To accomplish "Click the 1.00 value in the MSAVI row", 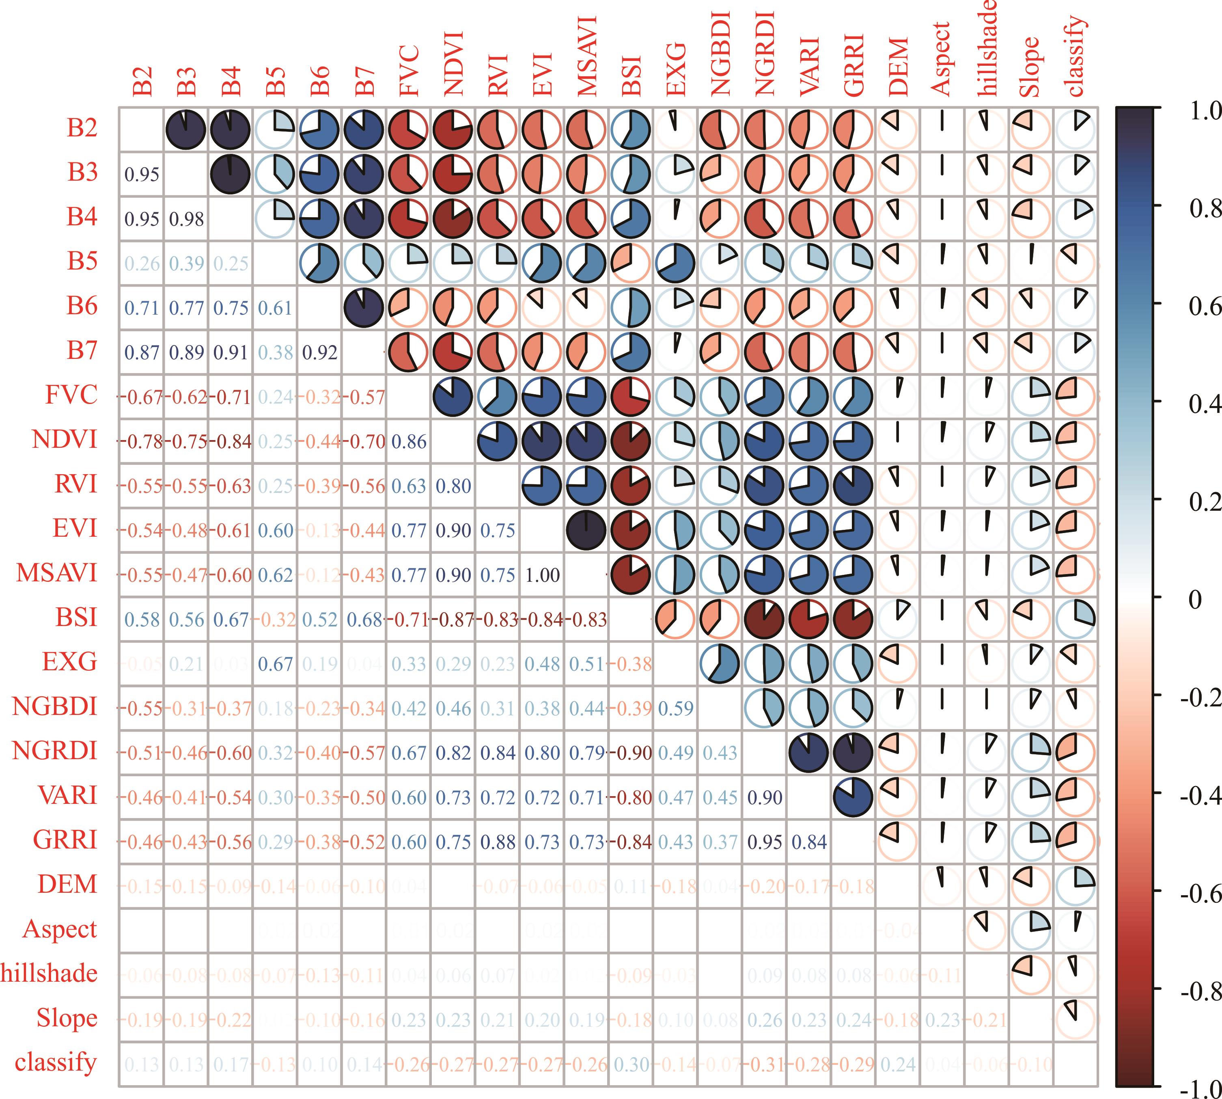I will click(542, 575).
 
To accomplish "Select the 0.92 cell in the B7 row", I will click(319, 353).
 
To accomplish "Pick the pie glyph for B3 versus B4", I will click(230, 174).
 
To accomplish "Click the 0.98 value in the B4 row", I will click(187, 218).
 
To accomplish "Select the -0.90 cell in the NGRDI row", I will click(631, 753).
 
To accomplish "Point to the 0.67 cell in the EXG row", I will click(275, 664).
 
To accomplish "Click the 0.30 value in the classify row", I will click(631, 1064).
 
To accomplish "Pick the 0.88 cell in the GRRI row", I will click(498, 842).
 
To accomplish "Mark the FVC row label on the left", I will click(71, 395).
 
